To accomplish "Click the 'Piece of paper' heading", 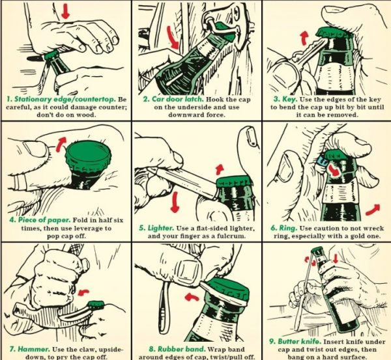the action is tap(44, 220).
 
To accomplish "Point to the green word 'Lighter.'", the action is tap(160, 228).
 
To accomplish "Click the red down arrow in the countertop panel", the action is tap(65, 11).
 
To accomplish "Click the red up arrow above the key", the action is tap(304, 38).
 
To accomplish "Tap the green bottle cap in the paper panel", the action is tap(88, 155).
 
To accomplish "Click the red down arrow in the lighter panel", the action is tap(175, 202).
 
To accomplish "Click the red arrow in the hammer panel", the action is tap(84, 292).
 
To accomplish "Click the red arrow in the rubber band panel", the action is tap(192, 296).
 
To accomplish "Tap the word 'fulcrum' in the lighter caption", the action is tap(233, 236).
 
